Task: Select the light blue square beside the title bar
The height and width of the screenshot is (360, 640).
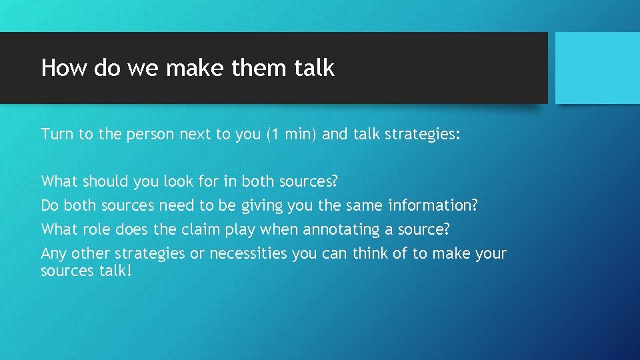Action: click(597, 68)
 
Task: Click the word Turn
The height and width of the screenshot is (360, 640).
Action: click(57, 134)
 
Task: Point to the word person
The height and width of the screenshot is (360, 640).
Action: click(151, 134)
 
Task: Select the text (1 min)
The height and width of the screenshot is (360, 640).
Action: click(291, 134)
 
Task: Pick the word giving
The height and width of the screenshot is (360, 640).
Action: click(261, 205)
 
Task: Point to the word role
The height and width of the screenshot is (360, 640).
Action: click(97, 229)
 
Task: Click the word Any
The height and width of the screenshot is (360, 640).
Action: click(54, 253)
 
